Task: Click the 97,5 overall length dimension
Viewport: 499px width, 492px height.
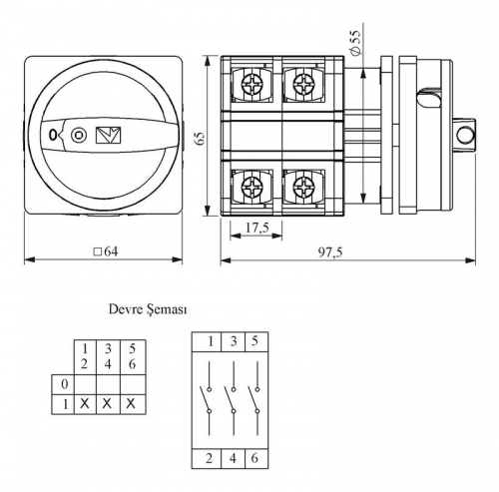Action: click(x=329, y=252)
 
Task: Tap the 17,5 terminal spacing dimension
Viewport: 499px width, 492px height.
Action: click(x=256, y=228)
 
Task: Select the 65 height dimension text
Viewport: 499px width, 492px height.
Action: click(x=200, y=138)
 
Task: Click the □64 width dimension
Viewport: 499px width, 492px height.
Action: click(x=106, y=251)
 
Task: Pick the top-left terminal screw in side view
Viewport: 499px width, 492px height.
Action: click(x=252, y=84)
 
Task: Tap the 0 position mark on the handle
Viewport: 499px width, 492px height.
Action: click(x=53, y=135)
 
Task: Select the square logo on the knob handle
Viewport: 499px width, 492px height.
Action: click(x=108, y=136)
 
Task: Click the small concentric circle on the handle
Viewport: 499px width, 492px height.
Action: click(x=79, y=135)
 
